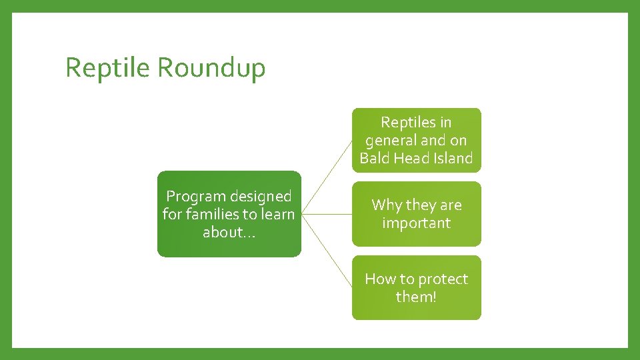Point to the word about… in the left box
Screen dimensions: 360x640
(229, 233)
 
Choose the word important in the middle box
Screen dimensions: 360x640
(416, 223)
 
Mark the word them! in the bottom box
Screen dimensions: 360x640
(416, 297)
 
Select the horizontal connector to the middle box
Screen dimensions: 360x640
(327, 214)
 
